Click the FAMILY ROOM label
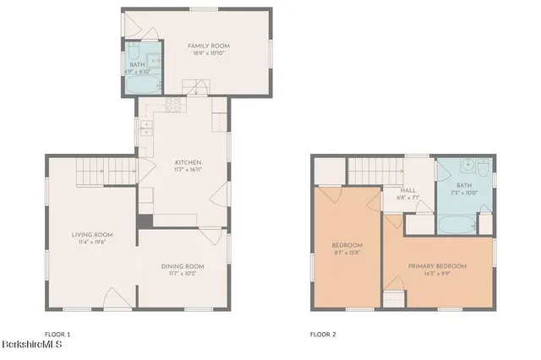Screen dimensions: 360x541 pos(210,46)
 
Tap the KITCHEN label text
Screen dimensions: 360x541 pos(188,162)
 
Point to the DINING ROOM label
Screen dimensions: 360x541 pos(183,266)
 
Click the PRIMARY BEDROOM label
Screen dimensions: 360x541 pos(437,266)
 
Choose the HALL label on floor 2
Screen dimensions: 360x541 pos(407,190)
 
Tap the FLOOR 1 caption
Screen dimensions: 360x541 pos(58,335)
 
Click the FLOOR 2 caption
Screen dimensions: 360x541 pos(323,335)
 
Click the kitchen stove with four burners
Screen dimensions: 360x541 pos(175,105)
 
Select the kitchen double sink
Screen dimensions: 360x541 pos(145,128)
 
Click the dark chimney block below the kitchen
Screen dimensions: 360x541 pos(144,221)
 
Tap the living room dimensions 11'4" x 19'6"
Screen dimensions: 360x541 pos(92,243)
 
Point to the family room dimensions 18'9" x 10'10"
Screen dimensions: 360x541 pos(210,53)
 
